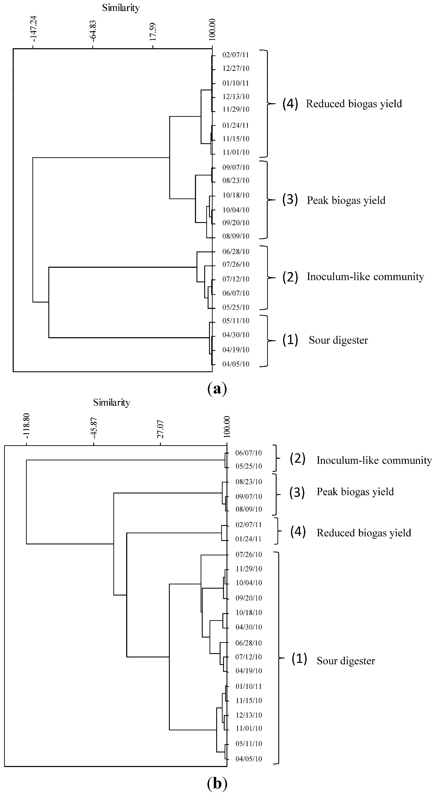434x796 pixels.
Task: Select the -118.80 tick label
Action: click(27, 426)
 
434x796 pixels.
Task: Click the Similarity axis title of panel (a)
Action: click(121, 8)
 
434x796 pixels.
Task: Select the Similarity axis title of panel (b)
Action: click(111, 402)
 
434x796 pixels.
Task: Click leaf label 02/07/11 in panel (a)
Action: click(236, 55)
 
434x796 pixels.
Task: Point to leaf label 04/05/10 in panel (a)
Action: click(236, 364)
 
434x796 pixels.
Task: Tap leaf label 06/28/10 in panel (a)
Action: click(236, 252)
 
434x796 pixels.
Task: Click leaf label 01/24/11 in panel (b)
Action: click(249, 539)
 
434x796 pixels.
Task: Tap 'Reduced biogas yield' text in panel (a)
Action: click(354, 104)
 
